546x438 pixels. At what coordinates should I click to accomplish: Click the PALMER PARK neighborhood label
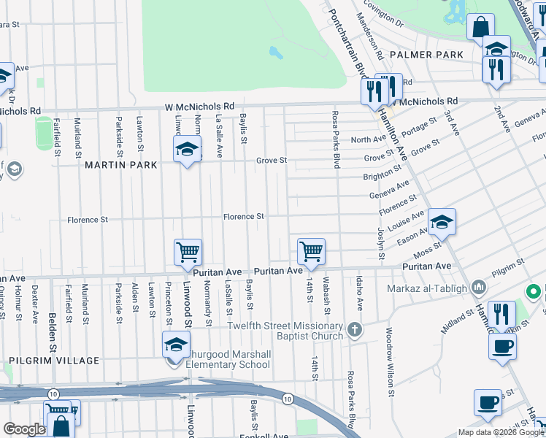[426, 55]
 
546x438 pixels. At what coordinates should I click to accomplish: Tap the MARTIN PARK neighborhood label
[120, 165]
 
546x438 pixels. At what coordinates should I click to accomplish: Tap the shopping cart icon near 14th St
[311, 252]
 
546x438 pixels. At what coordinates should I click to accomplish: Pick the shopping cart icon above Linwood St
[188, 253]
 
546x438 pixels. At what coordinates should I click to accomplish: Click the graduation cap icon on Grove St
[188, 150]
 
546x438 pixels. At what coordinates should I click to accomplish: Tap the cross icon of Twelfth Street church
[355, 329]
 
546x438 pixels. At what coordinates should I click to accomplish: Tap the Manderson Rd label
[370, 39]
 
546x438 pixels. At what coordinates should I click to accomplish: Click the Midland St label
[458, 320]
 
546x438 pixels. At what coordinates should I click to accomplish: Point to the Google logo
[24, 429]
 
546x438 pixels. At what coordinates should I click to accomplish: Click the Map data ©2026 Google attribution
[501, 432]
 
